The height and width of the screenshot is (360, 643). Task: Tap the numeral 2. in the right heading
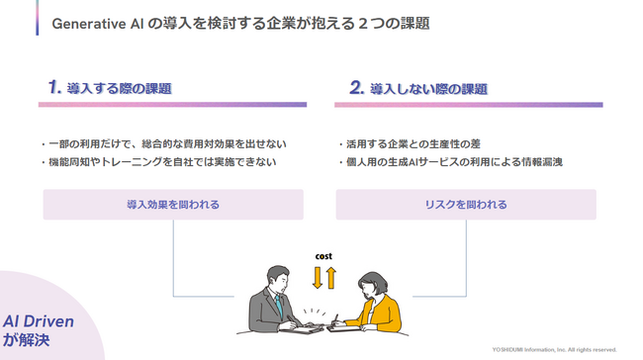click(x=357, y=88)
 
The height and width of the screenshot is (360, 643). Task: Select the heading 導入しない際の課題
click(x=427, y=89)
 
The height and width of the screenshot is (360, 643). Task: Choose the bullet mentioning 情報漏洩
click(x=450, y=161)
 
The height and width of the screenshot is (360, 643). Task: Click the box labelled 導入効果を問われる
click(x=173, y=205)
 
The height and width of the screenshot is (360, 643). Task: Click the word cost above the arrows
click(x=323, y=255)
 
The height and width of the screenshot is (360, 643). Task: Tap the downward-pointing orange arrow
click(x=317, y=277)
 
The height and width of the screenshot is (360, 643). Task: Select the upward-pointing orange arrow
click(x=330, y=277)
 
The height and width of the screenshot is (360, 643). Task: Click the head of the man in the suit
click(x=274, y=276)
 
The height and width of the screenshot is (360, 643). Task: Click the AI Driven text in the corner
click(x=39, y=322)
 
